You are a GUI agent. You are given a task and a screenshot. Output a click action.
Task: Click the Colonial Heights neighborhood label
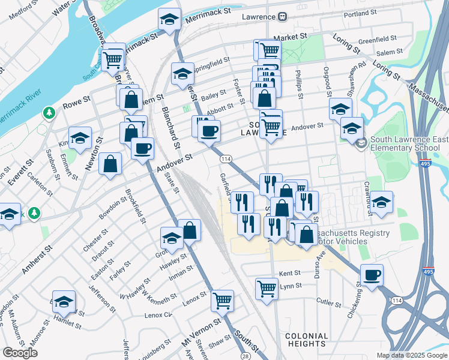[x=306, y=340]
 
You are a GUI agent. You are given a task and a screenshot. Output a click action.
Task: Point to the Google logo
[x=20, y=353]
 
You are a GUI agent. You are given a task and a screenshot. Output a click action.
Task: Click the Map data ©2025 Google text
[x=412, y=355]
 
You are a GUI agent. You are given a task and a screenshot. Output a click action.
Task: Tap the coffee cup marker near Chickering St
[x=372, y=275]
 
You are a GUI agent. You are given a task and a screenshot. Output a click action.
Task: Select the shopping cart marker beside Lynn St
[x=267, y=287]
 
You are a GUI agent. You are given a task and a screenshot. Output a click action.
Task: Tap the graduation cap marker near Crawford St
[x=381, y=202]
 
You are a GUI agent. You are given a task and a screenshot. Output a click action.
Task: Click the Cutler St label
[x=329, y=302]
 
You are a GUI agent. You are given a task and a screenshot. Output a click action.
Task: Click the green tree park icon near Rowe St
[x=49, y=112]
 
